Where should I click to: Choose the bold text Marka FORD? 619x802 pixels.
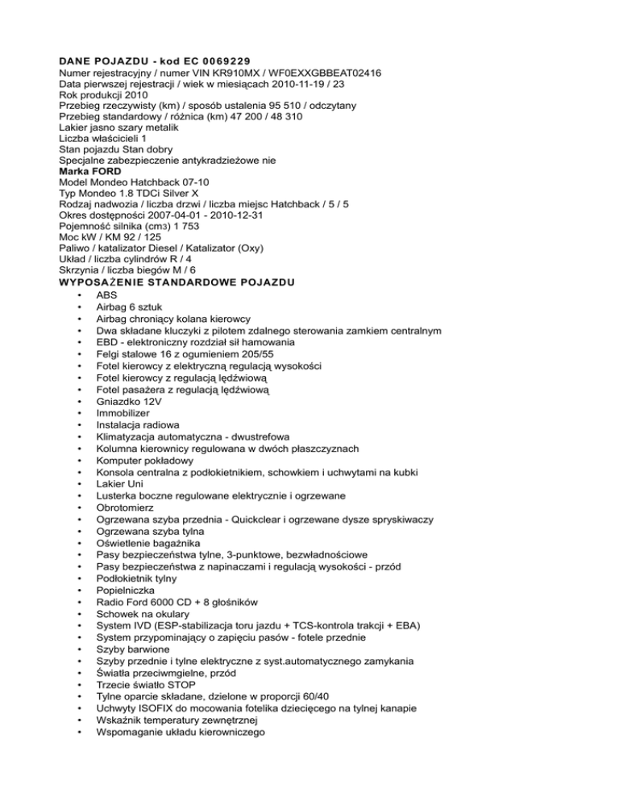90,171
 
